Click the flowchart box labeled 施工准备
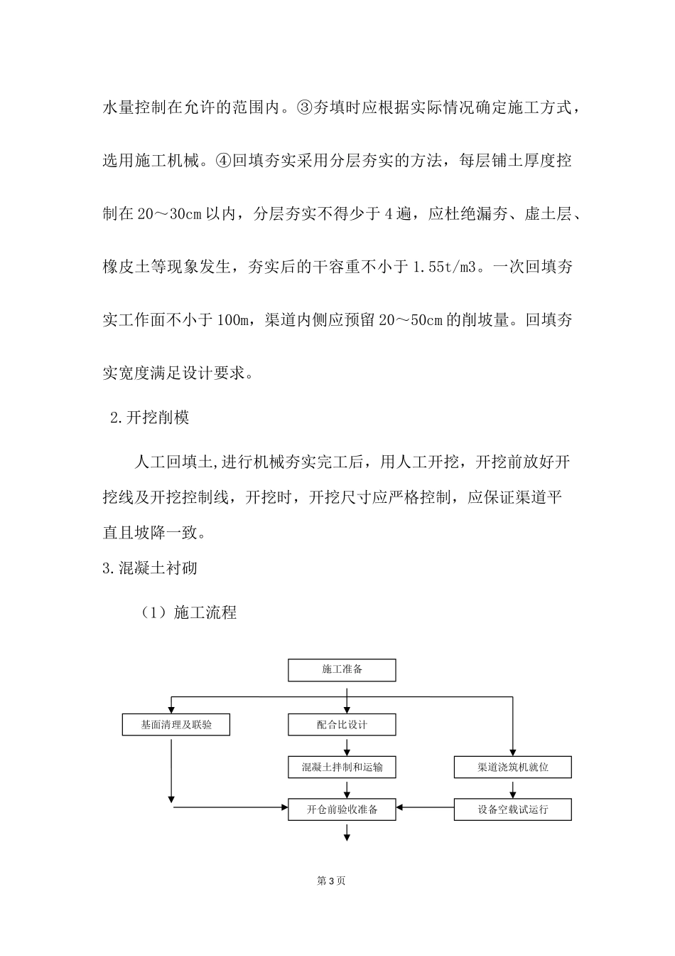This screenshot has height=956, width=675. point(342,670)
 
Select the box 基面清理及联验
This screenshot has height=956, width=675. point(176,725)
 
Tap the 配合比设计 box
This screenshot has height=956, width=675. point(342,725)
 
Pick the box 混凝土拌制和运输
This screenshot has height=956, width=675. point(342,768)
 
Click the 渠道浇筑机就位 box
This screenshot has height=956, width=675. point(512,768)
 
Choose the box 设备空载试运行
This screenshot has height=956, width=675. point(512,809)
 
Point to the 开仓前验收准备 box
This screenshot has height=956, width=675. point(342,809)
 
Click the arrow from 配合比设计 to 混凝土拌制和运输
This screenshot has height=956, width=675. point(347,746)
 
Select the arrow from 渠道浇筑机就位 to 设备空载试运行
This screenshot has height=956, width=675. point(512,789)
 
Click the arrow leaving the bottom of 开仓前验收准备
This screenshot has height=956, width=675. point(347,832)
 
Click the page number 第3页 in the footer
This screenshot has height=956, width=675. point(331,881)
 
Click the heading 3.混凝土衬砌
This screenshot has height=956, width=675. point(150,568)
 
